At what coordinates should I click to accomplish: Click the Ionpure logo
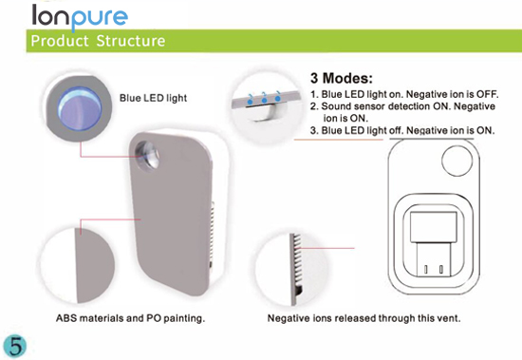[80, 16]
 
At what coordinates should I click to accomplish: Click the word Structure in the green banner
[131, 41]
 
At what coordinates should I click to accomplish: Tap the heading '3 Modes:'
[342, 78]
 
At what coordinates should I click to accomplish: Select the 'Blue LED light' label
[153, 98]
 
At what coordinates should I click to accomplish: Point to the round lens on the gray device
[147, 155]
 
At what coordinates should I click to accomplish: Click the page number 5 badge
[14, 347]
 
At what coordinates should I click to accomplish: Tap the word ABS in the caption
[66, 318]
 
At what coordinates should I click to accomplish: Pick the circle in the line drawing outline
[457, 161]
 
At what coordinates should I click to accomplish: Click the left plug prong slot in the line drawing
[426, 269]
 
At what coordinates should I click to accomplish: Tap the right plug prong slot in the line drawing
[441, 269]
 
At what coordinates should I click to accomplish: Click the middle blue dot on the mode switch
[264, 99]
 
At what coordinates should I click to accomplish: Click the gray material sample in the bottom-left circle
[96, 265]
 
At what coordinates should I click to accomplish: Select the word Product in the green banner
[60, 41]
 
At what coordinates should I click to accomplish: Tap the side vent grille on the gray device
[212, 230]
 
